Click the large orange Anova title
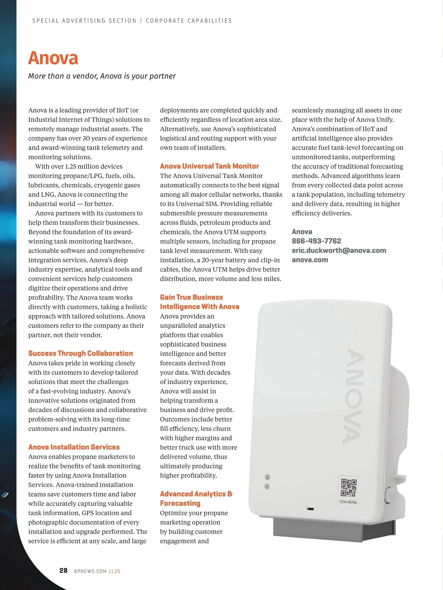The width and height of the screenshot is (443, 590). [x=53, y=58]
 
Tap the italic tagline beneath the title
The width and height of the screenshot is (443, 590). [x=102, y=76]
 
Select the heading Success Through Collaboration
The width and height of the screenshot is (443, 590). [x=80, y=353]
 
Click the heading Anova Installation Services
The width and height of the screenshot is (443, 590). [x=74, y=447]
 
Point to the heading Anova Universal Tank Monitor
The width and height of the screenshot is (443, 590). [x=209, y=166]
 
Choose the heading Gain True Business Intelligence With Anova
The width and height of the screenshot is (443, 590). [x=199, y=302]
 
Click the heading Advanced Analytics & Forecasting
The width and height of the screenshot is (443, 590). [x=196, y=498]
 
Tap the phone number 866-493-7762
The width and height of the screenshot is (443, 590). [x=316, y=241]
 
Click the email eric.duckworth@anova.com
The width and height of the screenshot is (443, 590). [x=339, y=250]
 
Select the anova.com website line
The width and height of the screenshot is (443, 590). [x=310, y=260]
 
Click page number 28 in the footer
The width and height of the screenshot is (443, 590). [x=63, y=570]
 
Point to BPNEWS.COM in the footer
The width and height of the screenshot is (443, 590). [x=90, y=571]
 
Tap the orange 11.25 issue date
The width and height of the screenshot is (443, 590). [x=114, y=571]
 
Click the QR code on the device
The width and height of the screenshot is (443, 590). [x=348, y=488]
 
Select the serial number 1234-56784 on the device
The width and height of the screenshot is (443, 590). [x=348, y=502]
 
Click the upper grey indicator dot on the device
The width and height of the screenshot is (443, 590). [x=267, y=477]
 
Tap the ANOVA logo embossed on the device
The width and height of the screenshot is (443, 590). [x=355, y=396]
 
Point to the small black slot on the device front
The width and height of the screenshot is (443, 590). [x=310, y=509]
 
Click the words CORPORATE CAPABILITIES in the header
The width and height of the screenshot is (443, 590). [x=189, y=21]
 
